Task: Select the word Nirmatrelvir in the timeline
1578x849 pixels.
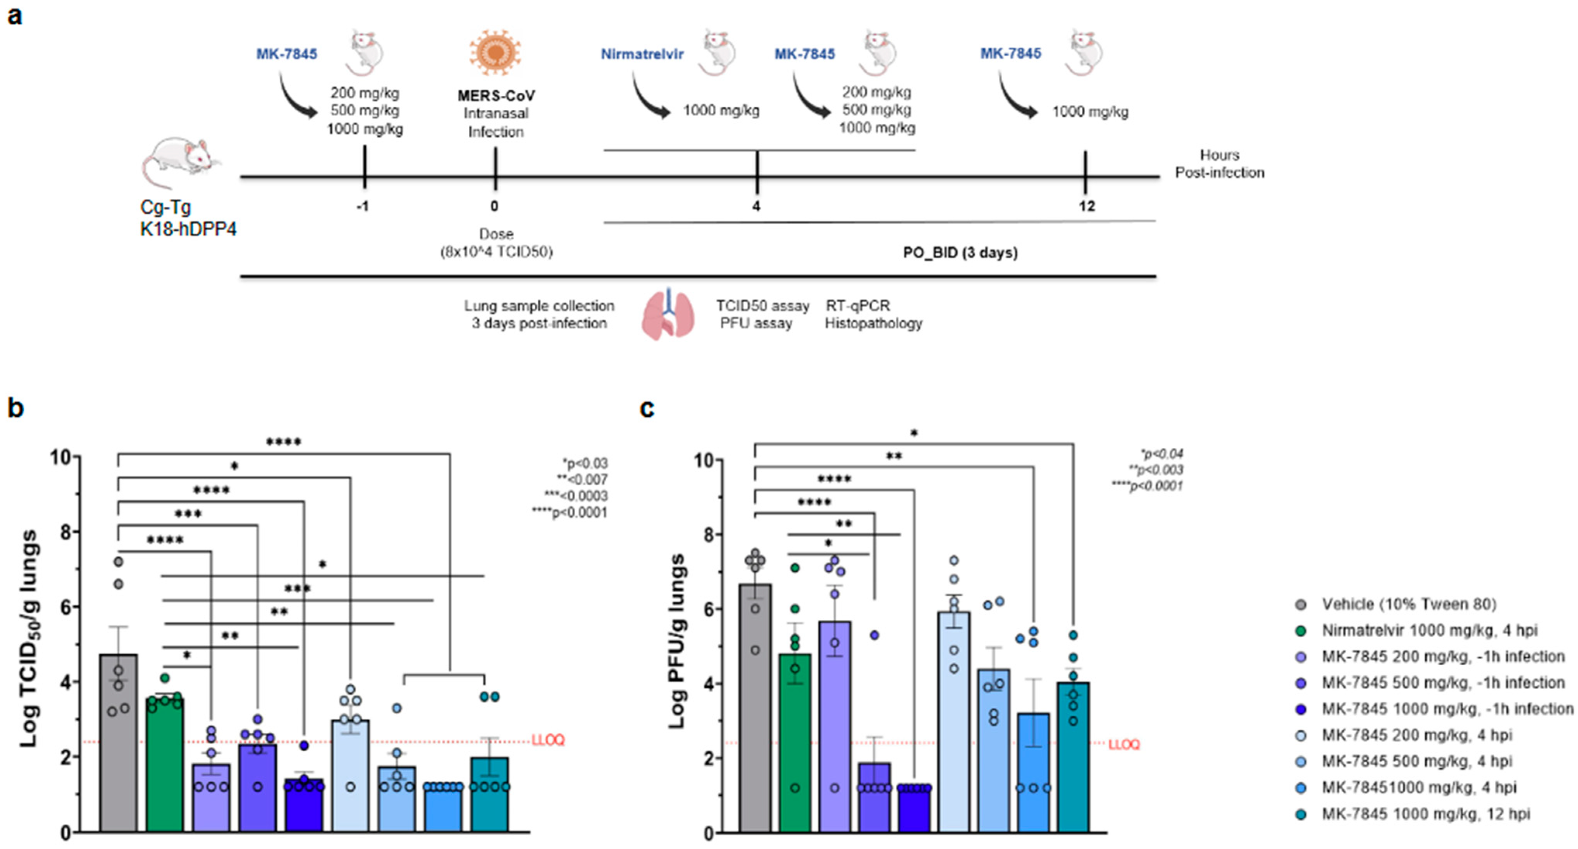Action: (642, 54)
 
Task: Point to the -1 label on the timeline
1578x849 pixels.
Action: (363, 207)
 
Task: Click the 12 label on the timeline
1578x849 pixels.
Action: (1086, 207)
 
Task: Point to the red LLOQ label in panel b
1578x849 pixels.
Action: (548, 740)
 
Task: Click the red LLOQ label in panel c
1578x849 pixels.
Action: (1124, 744)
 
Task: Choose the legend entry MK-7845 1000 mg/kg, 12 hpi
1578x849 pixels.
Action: (1425, 814)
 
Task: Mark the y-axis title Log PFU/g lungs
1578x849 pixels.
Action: (676, 640)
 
